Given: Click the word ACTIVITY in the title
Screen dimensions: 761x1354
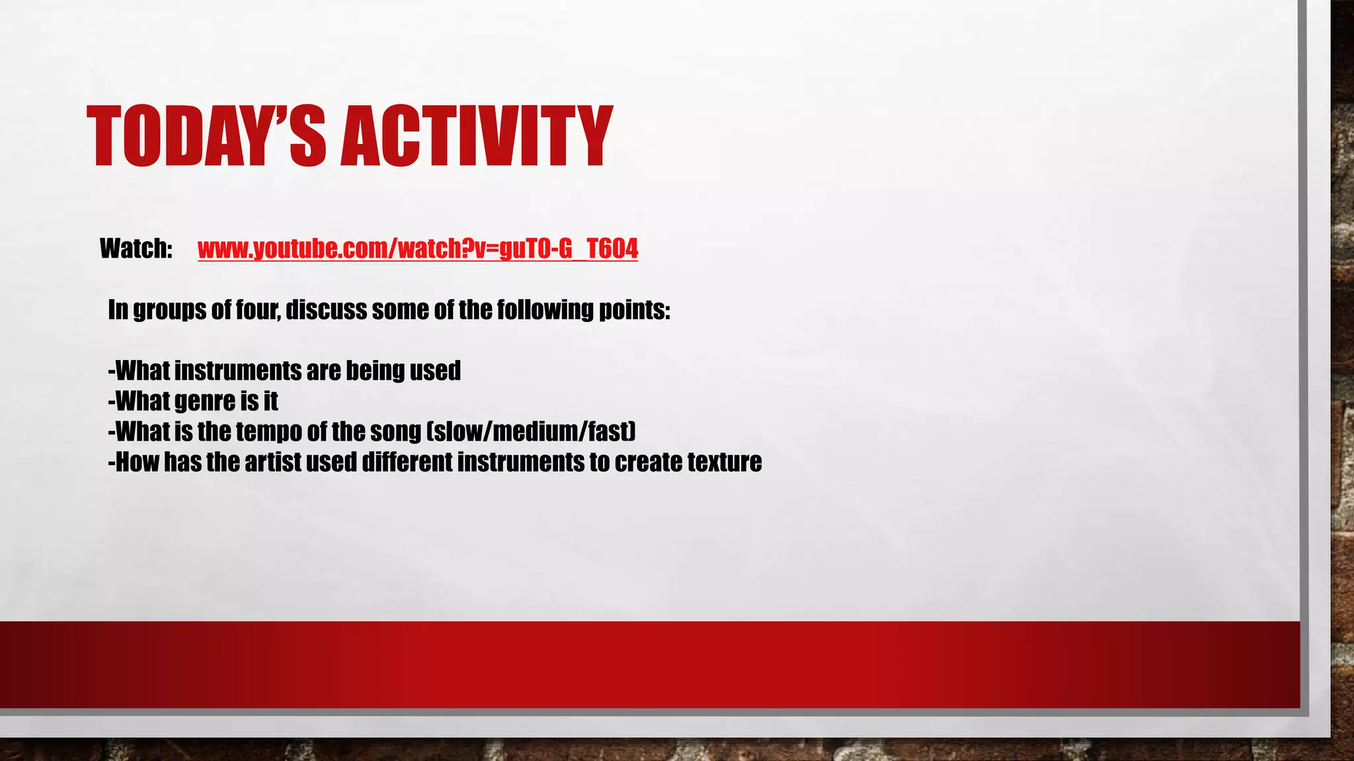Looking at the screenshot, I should pyautogui.click(x=476, y=137).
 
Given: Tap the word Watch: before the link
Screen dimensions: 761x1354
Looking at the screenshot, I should pyautogui.click(x=136, y=249).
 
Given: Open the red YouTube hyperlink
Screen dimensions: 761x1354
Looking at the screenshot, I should pyautogui.click(x=417, y=249).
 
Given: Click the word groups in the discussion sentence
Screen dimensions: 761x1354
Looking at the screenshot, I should pyautogui.click(x=169, y=310).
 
